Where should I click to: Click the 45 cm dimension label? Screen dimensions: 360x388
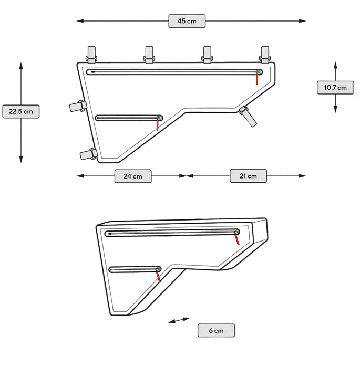point(187,21)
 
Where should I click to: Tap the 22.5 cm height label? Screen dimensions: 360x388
point(21,111)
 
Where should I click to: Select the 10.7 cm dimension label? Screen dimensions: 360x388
point(335,87)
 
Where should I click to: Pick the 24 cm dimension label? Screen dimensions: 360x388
point(133,176)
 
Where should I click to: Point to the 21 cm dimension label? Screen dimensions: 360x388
point(248,176)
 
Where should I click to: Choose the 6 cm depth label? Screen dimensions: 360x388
point(216,330)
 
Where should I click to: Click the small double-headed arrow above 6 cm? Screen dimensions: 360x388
point(179,320)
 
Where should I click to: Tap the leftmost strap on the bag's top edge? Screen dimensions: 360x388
point(91,54)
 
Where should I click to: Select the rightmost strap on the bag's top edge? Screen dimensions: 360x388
point(265,54)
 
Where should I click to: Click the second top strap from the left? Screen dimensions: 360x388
point(149,55)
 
